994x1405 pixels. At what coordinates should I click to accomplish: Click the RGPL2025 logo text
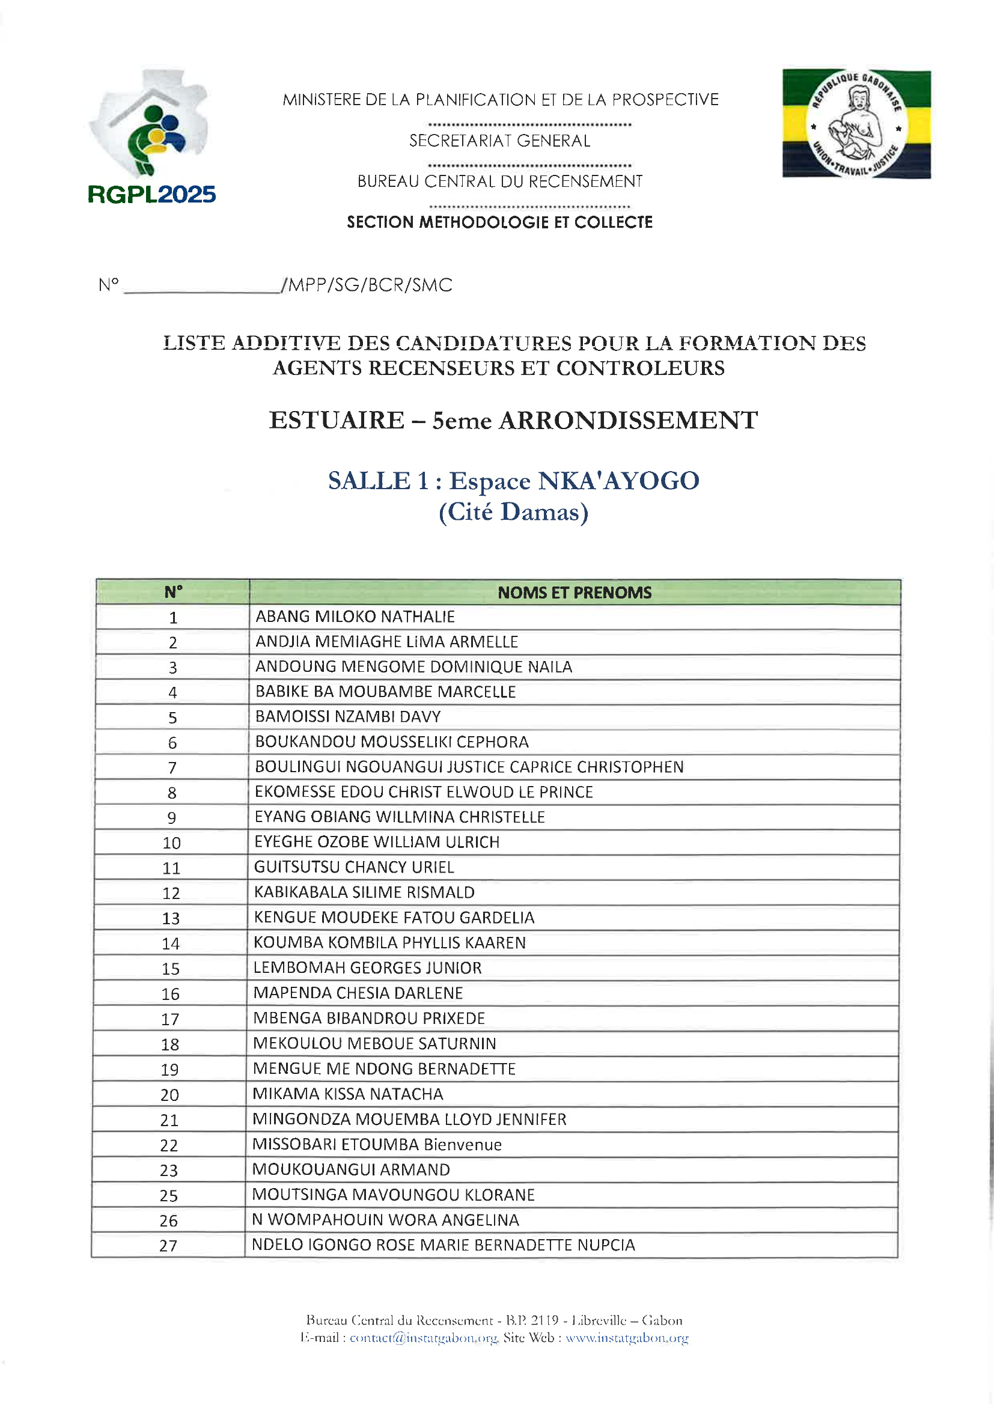pos(151,195)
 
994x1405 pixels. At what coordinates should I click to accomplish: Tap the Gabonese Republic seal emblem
pos(856,124)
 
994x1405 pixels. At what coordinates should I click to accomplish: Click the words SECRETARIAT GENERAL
pos(499,141)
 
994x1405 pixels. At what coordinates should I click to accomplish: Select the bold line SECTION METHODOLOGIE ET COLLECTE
pos(499,222)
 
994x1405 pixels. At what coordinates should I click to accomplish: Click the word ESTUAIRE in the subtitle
pos(337,421)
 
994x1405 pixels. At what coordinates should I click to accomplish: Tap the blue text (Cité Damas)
pos(513,512)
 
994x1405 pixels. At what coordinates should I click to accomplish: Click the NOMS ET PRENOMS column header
pos(574,593)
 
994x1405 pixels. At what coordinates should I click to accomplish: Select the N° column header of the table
pos(173,593)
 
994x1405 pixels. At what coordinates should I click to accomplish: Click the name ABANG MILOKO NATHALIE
pos(355,617)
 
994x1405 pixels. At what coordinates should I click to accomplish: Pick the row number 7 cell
pos(172,768)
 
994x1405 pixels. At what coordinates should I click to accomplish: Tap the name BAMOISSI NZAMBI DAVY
pos(347,716)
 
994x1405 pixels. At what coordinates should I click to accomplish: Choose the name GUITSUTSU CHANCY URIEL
pos(354,867)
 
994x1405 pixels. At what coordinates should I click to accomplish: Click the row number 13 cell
pos(171,918)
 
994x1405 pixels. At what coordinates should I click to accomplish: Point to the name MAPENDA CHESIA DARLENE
pos(358,993)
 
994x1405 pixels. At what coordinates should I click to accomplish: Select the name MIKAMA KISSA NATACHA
pos(347,1094)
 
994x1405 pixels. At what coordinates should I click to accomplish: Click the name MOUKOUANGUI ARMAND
pos(351,1169)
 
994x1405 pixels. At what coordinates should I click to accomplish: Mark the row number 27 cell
pos(169,1246)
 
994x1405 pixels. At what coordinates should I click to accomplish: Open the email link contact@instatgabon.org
pos(424,1338)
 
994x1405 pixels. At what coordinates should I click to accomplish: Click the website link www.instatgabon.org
pos(627,1338)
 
